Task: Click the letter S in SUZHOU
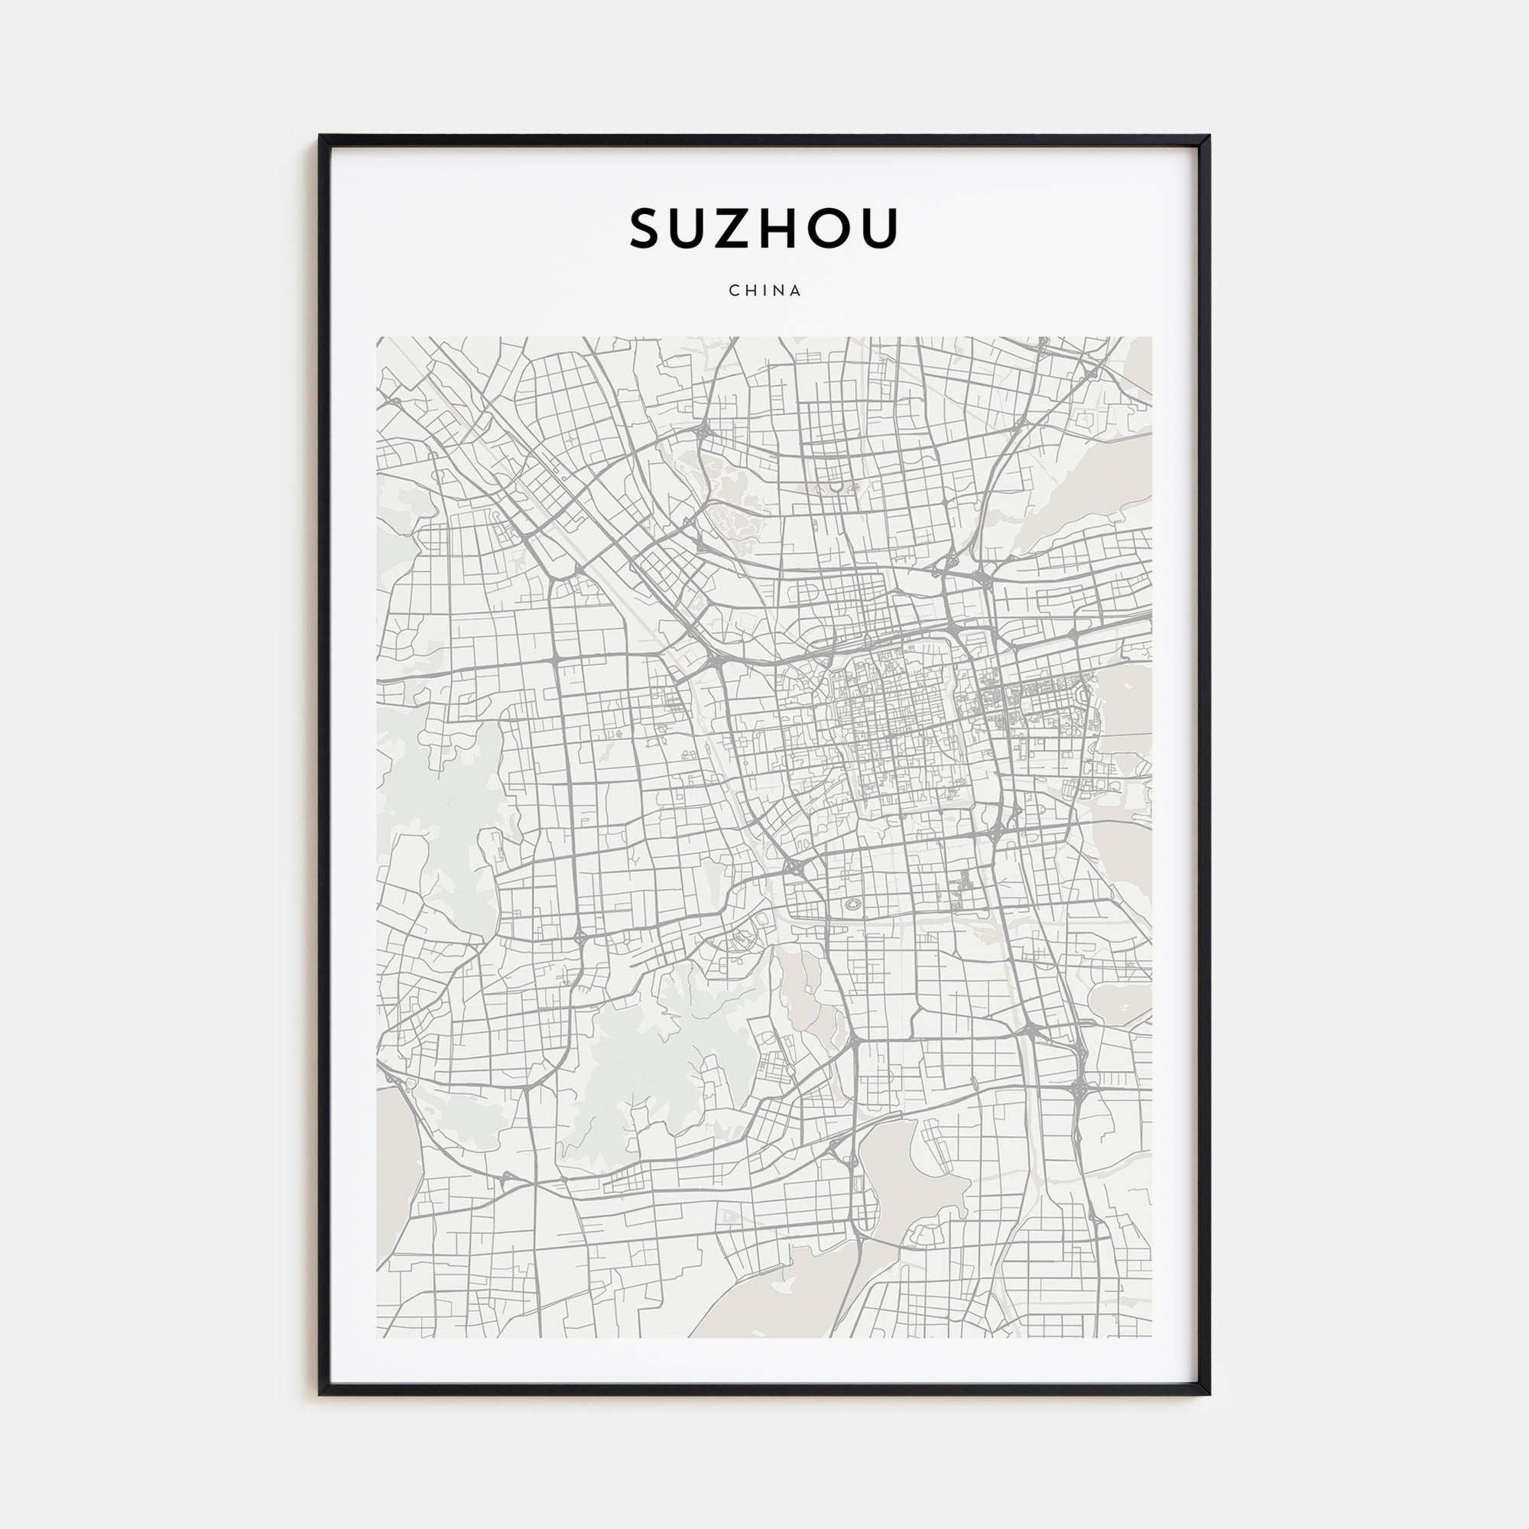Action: pos(646,229)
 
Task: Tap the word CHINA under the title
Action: pos(764,291)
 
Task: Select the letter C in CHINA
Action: pos(734,291)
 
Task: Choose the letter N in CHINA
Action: pos(779,291)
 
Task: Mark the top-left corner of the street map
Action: pos(378,338)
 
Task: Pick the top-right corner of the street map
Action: pos(1151,338)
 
